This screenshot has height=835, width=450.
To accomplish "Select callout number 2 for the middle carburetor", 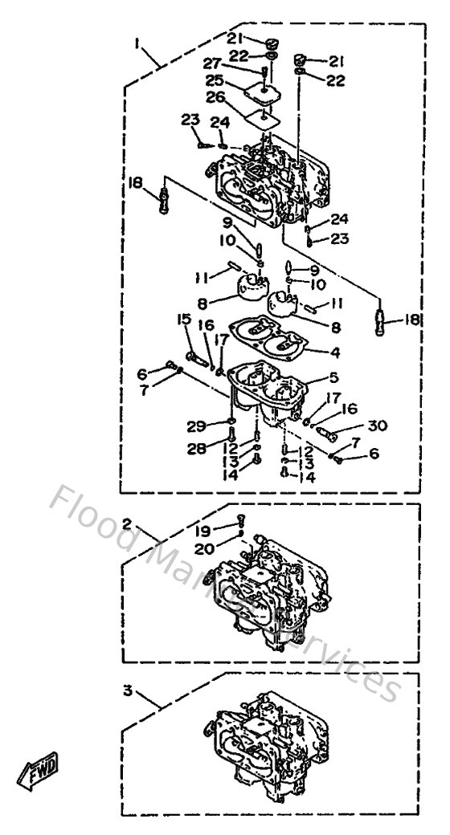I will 127,523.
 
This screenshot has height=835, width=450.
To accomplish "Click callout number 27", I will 211,63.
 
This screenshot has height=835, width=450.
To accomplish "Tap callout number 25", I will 213,81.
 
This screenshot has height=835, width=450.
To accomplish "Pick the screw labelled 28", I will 231,440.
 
